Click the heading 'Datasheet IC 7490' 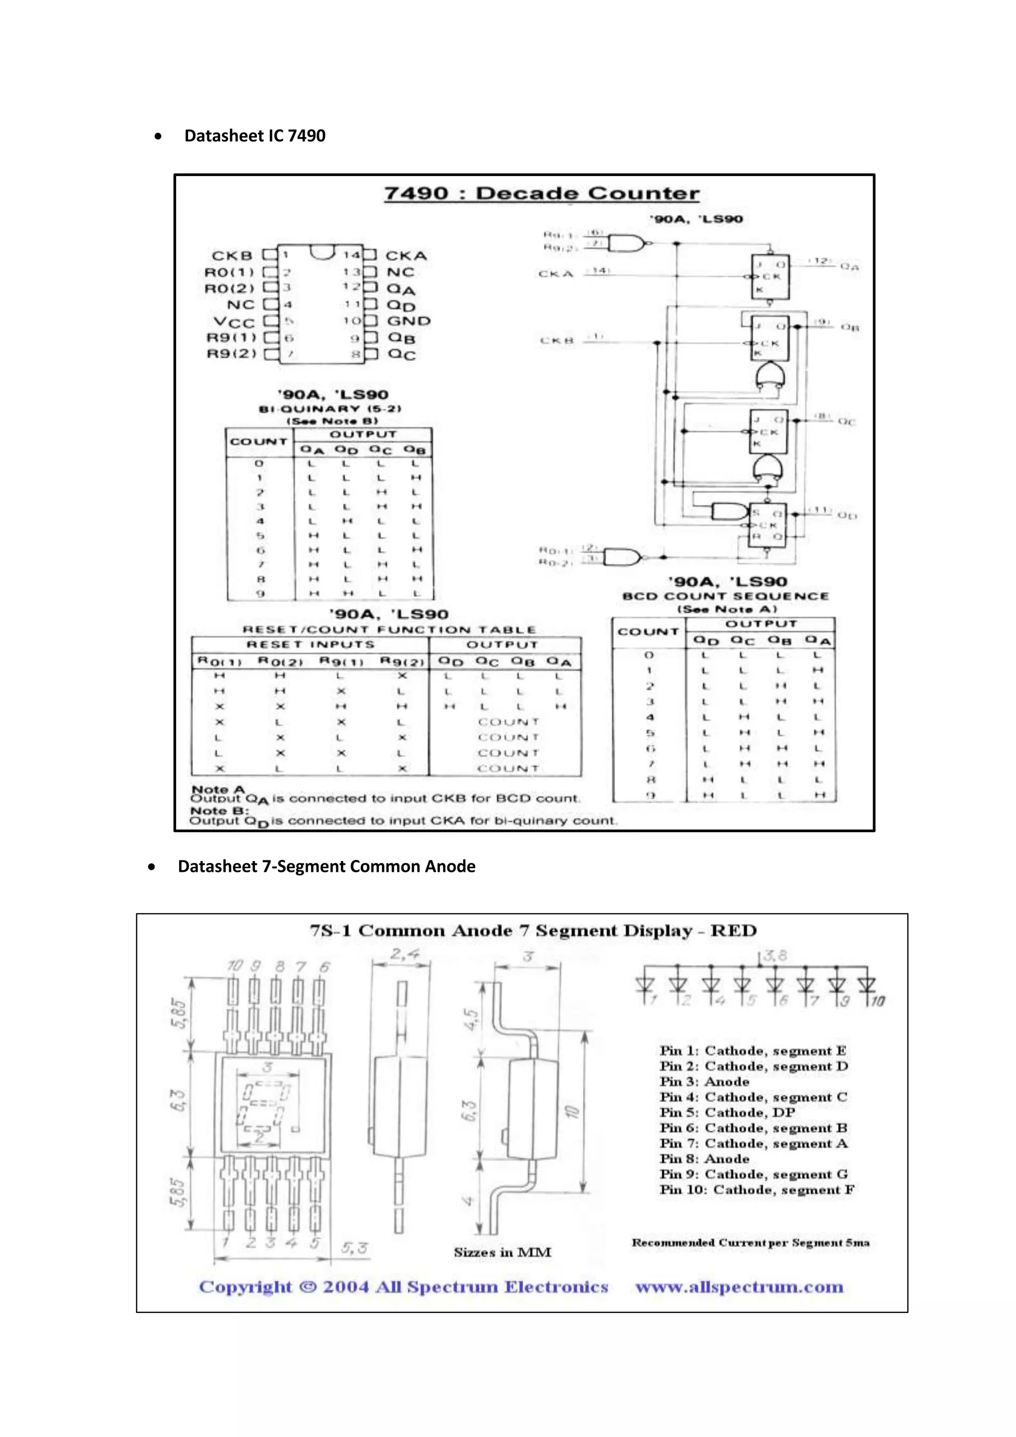coord(254,136)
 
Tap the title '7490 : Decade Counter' coord(541,194)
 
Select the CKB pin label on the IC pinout coord(232,256)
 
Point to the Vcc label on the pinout coord(234,322)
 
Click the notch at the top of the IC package coord(322,252)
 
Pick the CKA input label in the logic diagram coord(556,274)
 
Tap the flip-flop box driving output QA coord(770,277)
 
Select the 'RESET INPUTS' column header coord(310,645)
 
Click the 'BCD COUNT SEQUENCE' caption coord(726,596)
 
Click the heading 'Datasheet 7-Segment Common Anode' coord(326,866)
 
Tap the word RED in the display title coord(734,931)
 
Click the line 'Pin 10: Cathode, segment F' coord(757,1190)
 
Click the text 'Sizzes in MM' coord(503,1252)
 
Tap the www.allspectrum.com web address coord(740,1288)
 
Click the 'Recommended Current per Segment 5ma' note coord(750,1242)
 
